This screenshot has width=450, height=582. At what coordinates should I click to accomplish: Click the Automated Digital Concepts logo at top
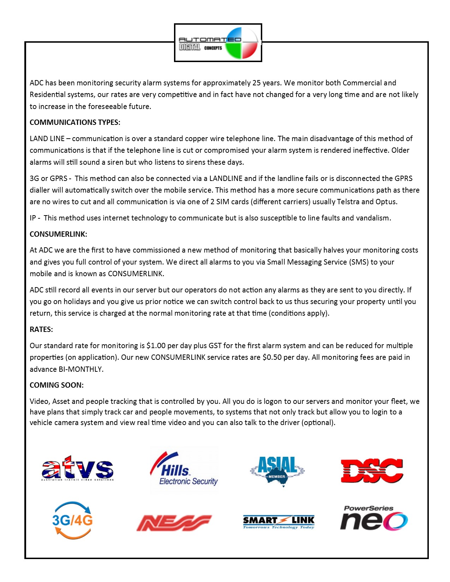tap(218, 43)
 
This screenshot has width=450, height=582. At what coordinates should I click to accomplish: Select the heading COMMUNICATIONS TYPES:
tap(75, 122)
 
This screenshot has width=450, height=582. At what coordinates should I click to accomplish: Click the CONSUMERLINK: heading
tap(58, 234)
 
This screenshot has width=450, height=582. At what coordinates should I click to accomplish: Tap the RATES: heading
tap(41, 329)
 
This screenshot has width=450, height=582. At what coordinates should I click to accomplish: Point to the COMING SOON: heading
tap(56, 385)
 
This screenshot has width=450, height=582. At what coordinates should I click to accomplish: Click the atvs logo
tap(78, 468)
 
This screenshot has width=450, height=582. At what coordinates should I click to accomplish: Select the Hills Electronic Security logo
tap(184, 469)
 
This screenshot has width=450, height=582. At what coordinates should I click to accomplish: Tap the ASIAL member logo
tap(277, 471)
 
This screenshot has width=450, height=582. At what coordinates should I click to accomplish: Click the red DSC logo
tap(372, 471)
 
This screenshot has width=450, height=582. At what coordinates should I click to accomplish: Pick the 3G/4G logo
tap(72, 520)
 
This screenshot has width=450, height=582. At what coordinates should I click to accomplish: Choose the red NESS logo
tap(174, 523)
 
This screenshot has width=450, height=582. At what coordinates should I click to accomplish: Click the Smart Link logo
tap(278, 522)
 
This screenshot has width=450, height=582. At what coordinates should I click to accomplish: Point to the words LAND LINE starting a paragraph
tap(47, 139)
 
